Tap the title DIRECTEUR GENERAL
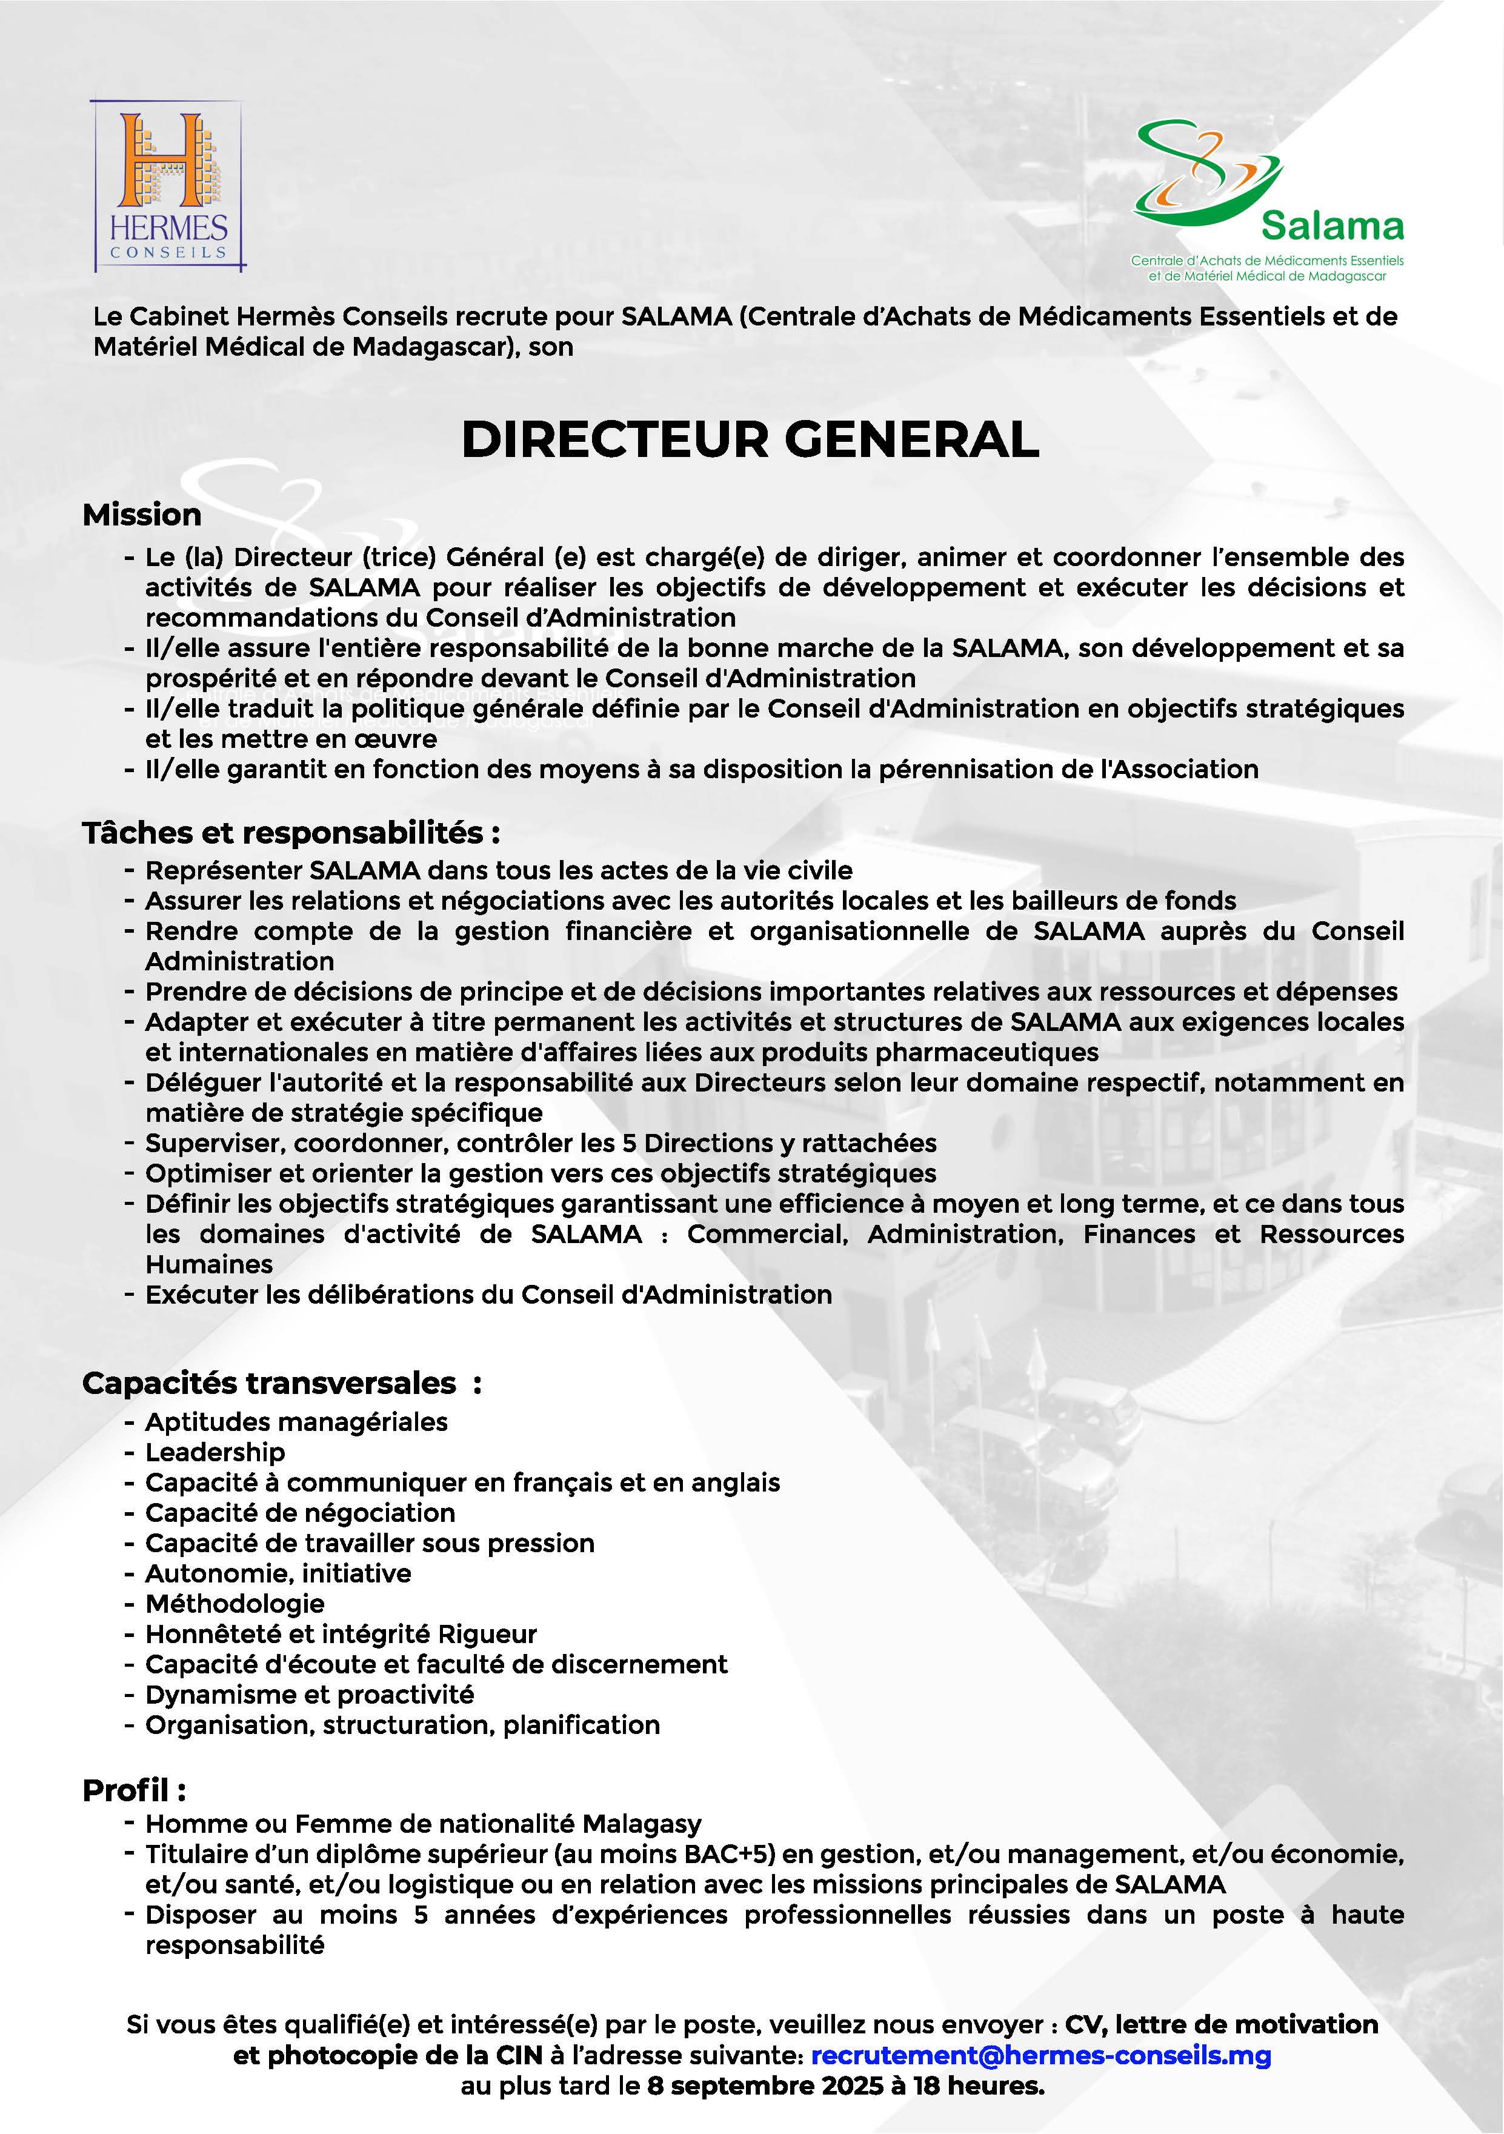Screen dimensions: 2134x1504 pyautogui.click(x=750, y=439)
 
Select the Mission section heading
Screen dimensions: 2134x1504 pyautogui.click(x=142, y=515)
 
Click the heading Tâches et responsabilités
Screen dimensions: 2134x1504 pyautogui.click(x=291, y=833)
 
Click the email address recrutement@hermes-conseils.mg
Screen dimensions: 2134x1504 pyautogui.click(x=1041, y=2055)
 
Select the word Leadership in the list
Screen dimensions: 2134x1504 pyautogui.click(x=215, y=1452)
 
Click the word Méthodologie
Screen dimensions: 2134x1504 pyautogui.click(x=235, y=1603)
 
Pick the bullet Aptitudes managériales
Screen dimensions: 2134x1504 pyautogui.click(x=296, y=1422)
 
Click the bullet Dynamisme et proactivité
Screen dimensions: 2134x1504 pyautogui.click(x=310, y=1695)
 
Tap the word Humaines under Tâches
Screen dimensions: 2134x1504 pyautogui.click(x=209, y=1264)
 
